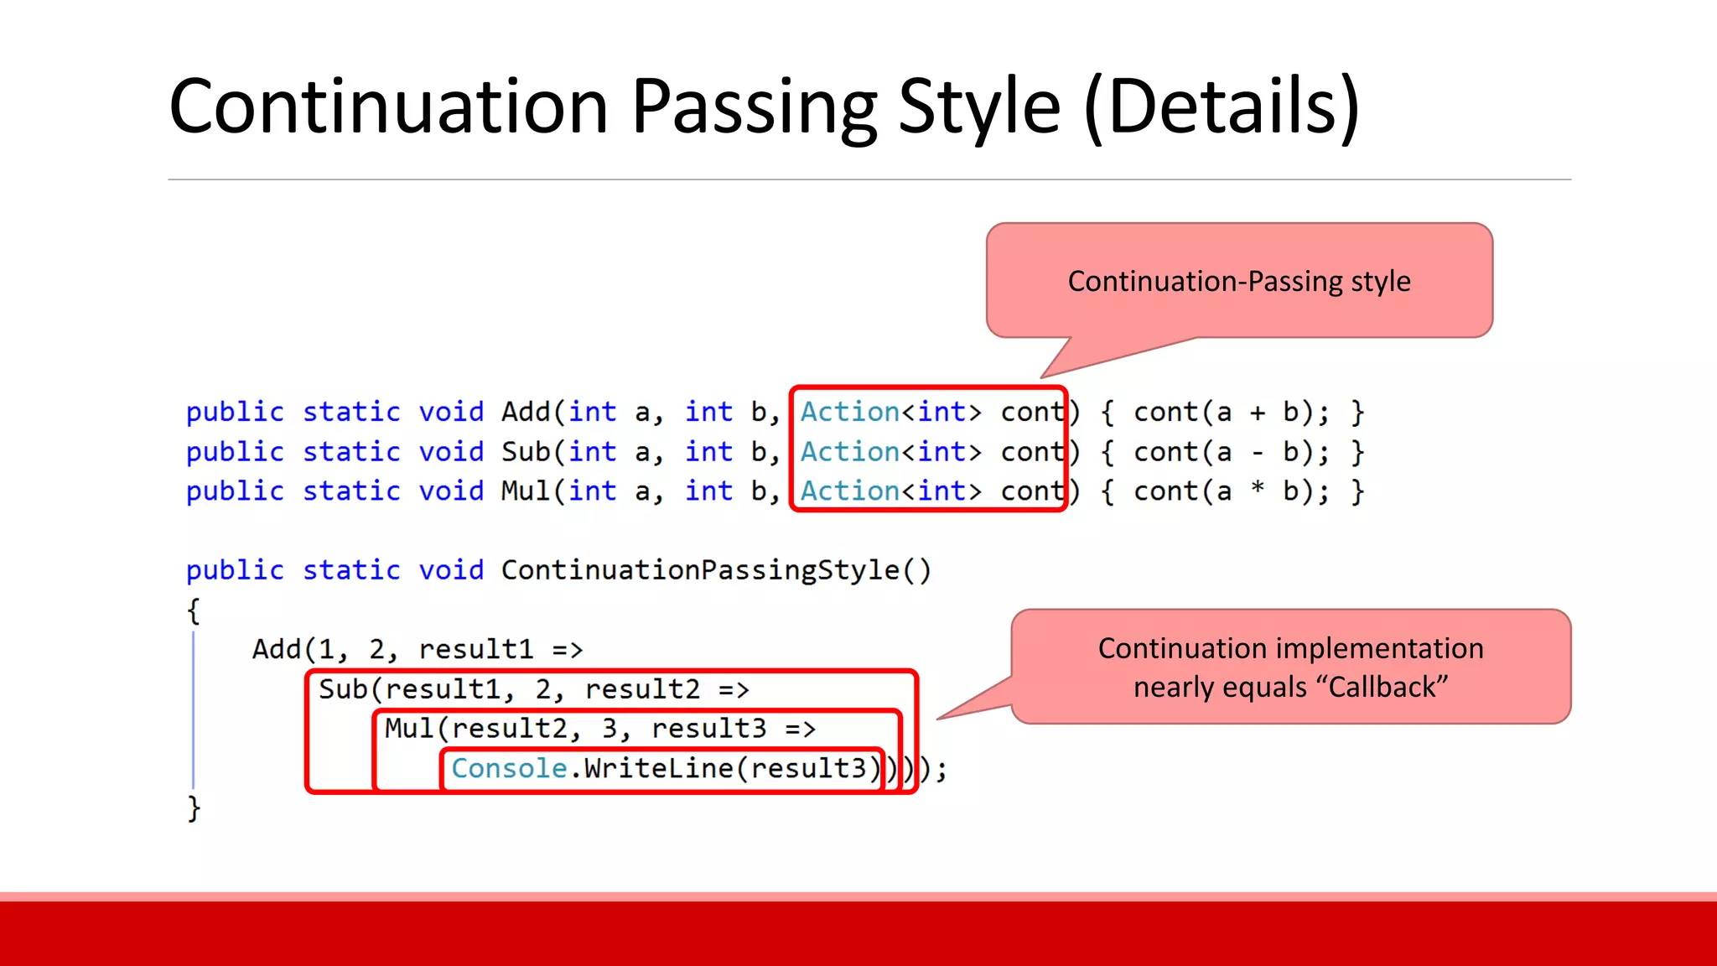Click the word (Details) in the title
(x=1222, y=107)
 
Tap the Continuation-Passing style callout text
(x=1239, y=281)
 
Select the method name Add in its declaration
(x=526, y=412)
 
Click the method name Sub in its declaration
(x=526, y=452)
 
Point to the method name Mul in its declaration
(x=526, y=491)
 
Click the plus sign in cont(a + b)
(x=1258, y=413)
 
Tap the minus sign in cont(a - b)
(x=1258, y=453)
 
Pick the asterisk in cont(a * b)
(x=1258, y=490)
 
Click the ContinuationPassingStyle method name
(x=700, y=570)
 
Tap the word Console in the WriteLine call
(x=509, y=768)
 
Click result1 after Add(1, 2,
(x=475, y=649)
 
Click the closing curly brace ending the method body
(x=194, y=808)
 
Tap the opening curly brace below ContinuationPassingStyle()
(x=194, y=610)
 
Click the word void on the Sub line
(x=451, y=452)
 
